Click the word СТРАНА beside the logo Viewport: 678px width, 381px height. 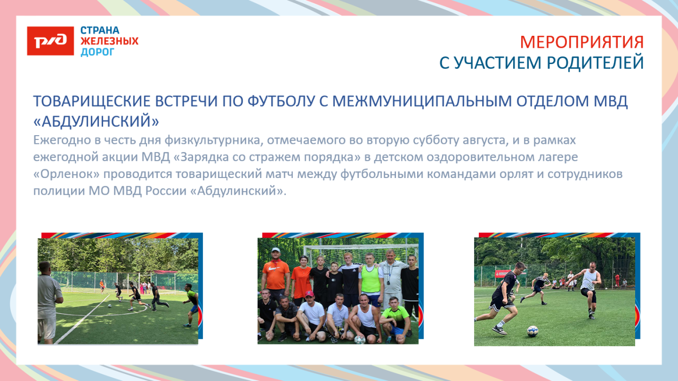pyautogui.click(x=99, y=30)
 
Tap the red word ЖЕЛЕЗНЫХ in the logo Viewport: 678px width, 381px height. pyautogui.click(x=109, y=41)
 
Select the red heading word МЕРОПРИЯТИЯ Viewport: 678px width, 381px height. pyautogui.click(x=581, y=42)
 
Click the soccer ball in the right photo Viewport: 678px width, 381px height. pyautogui.click(x=532, y=330)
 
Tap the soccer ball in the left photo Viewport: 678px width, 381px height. pyautogui.click(x=110, y=305)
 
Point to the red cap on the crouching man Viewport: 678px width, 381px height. pyautogui.click(x=309, y=294)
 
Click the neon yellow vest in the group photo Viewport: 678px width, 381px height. pyautogui.click(x=372, y=278)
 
